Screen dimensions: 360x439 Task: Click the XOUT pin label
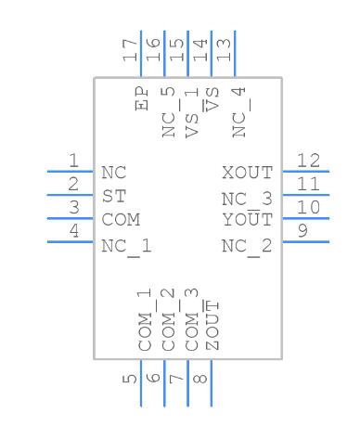(248, 173)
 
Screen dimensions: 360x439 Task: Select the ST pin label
(114, 196)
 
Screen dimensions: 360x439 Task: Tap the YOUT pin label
(248, 219)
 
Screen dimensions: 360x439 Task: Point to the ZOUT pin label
(212, 325)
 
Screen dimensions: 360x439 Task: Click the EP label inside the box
(141, 98)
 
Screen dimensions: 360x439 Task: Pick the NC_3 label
(247, 199)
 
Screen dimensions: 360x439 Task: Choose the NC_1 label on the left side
(126, 247)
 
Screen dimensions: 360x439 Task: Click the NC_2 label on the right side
(247, 247)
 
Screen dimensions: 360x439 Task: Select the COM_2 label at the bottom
(168, 320)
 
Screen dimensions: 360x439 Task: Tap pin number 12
(308, 161)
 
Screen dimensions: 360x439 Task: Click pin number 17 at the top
(130, 50)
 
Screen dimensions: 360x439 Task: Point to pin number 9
(302, 231)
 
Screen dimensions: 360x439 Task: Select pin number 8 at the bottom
(199, 379)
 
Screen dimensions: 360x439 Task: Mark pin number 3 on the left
(74, 207)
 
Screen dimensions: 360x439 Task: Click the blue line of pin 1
(71, 172)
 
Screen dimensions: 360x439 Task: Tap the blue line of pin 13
(235, 54)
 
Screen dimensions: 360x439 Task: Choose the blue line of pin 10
(306, 218)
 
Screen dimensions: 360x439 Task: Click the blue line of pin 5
(141, 383)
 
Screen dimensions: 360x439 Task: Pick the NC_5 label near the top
(168, 112)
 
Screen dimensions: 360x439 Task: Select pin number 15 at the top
(176, 50)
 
